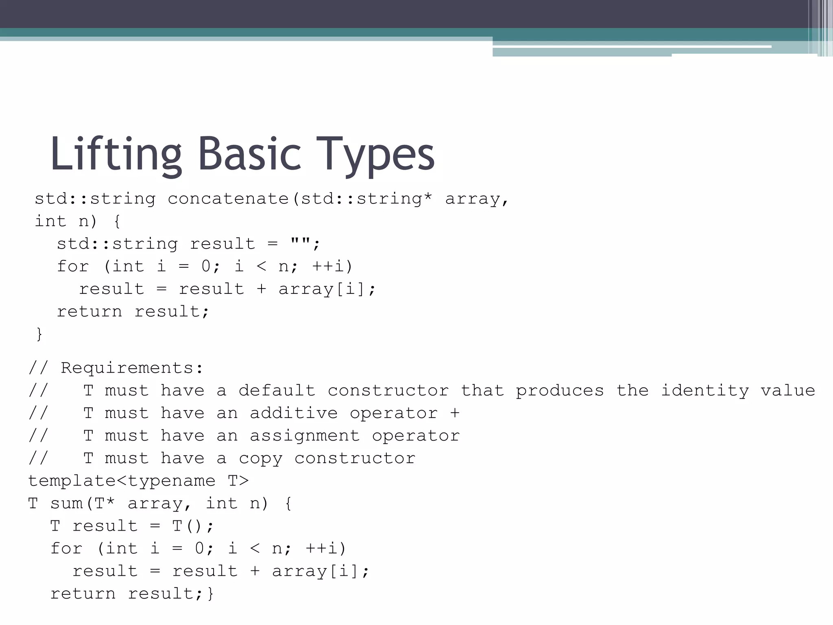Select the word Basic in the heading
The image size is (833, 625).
[x=249, y=154]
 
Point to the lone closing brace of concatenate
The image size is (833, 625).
[x=39, y=334]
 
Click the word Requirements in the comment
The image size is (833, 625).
[x=127, y=368]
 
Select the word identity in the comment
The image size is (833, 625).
[x=704, y=391]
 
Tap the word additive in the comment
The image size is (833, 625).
[x=294, y=413]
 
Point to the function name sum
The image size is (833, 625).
[x=67, y=504]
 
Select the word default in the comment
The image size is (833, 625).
[x=277, y=391]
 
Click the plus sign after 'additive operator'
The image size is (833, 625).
[x=455, y=413]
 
